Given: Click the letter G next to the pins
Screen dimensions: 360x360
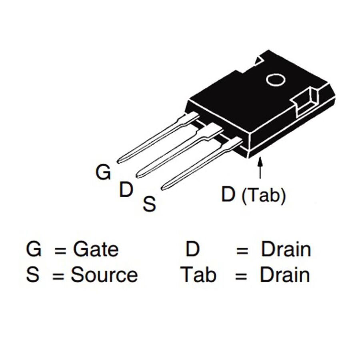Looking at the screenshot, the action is click(x=103, y=172).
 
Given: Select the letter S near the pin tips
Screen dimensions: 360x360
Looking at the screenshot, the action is click(x=149, y=204).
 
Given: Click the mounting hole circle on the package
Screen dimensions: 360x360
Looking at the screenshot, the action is click(x=276, y=80).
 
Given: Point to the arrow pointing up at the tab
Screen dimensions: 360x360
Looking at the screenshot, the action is click(x=260, y=167).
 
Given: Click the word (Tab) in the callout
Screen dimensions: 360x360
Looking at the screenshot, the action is click(x=264, y=196).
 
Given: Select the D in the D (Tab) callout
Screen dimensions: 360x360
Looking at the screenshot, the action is click(x=228, y=194).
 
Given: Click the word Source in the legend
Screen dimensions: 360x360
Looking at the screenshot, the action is click(x=104, y=274).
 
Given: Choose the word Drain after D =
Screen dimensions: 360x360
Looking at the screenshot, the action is click(x=286, y=249).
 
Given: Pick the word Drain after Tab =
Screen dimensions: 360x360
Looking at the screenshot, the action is click(x=285, y=274).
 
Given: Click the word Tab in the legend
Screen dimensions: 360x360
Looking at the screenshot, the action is click(x=199, y=274).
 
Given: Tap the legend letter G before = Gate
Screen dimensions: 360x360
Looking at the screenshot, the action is click(x=34, y=249).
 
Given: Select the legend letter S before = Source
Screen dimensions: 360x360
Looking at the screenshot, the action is click(x=33, y=274).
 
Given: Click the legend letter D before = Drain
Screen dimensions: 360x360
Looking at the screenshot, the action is click(x=192, y=249).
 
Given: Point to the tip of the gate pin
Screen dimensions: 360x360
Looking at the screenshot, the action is click(x=118, y=162).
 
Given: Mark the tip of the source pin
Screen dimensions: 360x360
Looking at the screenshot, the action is click(x=162, y=188).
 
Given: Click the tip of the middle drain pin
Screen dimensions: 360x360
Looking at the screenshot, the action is click(x=138, y=176).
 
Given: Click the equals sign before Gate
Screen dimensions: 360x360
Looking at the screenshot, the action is click(x=60, y=250).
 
